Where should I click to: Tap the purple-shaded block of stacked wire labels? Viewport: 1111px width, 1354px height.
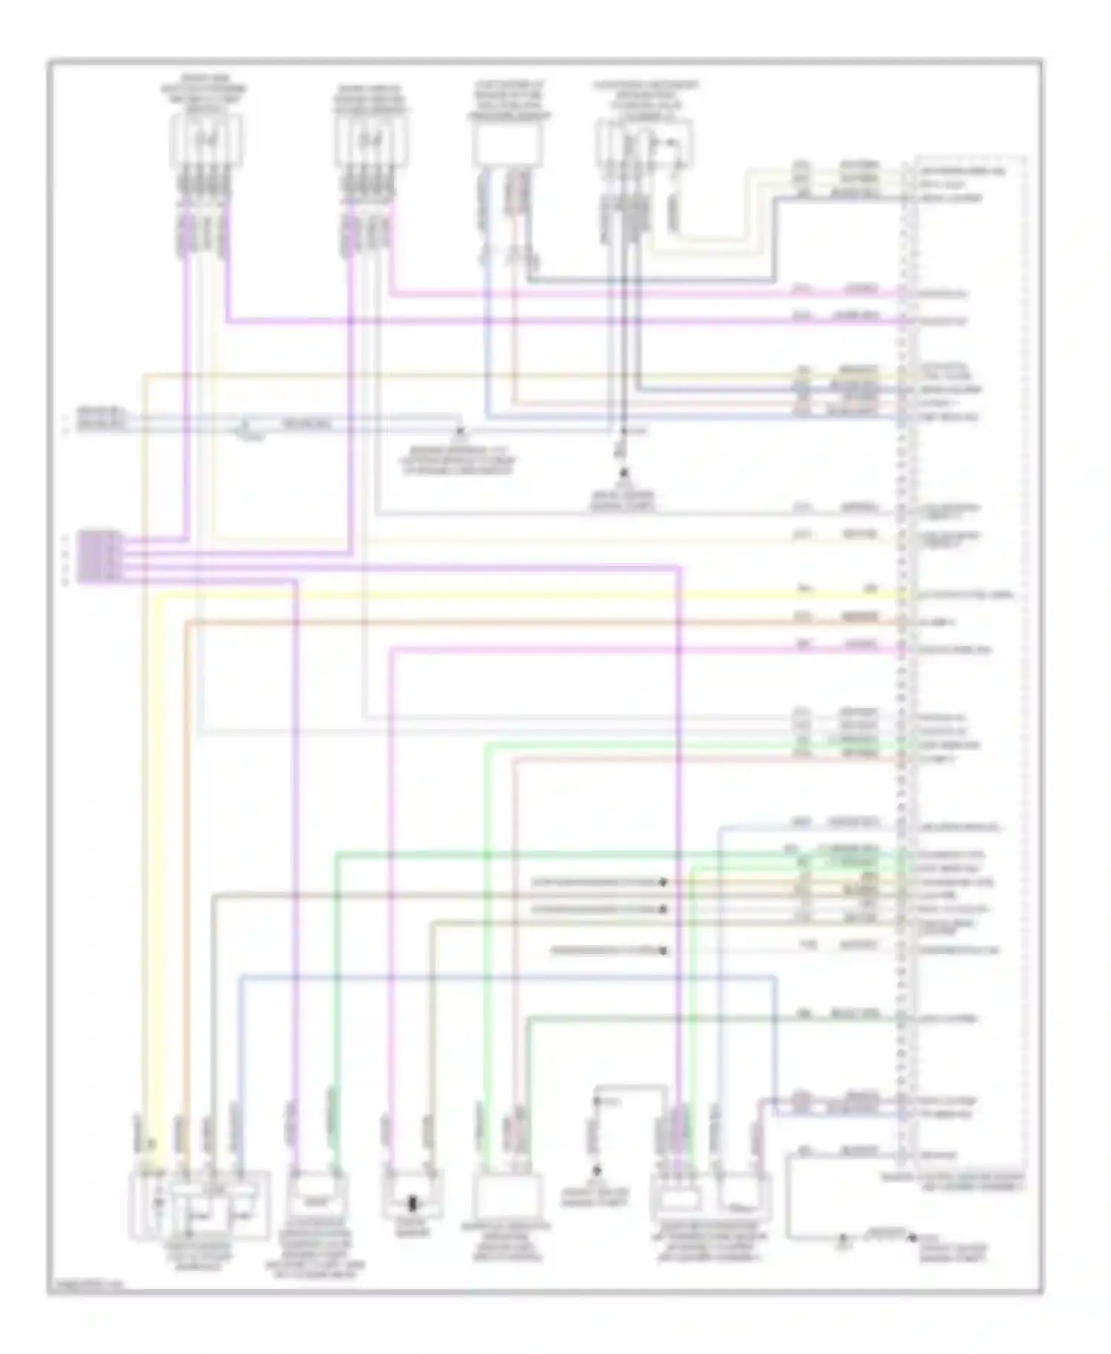100,556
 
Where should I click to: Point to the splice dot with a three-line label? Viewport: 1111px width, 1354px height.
459,430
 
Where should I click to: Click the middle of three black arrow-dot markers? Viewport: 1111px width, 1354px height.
664,909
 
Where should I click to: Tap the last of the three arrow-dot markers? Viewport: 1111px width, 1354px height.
664,950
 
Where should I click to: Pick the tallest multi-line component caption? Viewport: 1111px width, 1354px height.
322,1252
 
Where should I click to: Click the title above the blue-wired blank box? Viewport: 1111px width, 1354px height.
508,102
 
